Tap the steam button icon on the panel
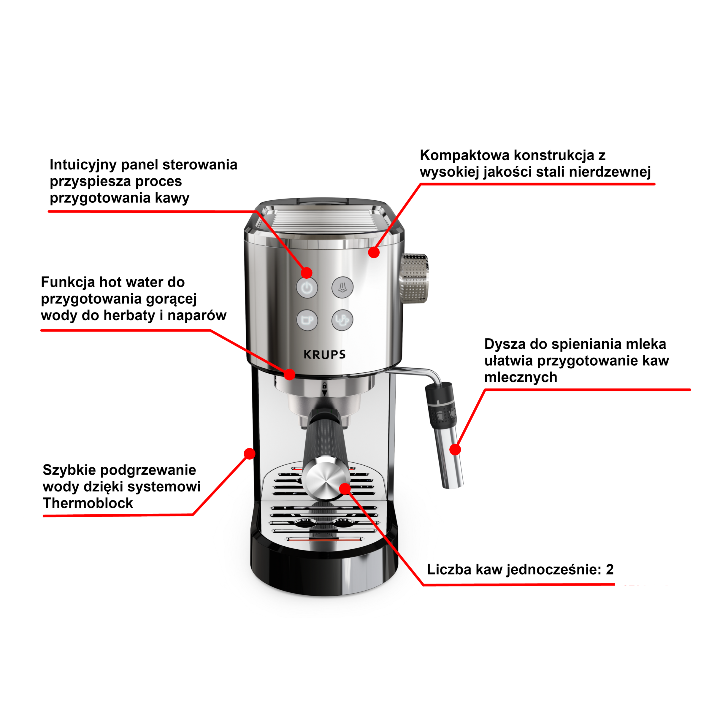click(342, 288)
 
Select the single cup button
click(307, 320)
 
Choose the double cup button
click(342, 320)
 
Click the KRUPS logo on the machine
click(324, 354)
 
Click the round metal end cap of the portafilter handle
click(324, 478)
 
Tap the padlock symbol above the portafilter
click(324, 385)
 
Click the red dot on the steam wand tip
click(455, 450)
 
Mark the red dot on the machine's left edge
click(250, 453)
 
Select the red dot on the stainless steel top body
click(374, 252)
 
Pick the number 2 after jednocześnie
click(610, 570)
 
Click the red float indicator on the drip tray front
click(324, 539)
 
